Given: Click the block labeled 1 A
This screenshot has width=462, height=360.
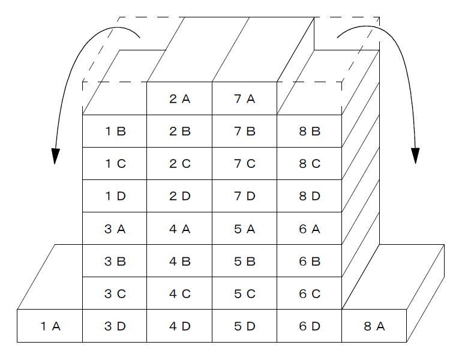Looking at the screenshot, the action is coord(50,326).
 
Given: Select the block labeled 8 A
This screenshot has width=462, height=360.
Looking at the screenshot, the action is coord(374,326).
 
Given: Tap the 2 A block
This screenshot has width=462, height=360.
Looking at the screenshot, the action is coord(179,98).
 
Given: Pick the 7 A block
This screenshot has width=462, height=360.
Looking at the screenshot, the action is coord(245,98).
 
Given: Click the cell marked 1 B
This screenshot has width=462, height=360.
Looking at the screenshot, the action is coord(115,131).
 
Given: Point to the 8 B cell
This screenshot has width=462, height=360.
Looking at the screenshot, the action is coord(310,131).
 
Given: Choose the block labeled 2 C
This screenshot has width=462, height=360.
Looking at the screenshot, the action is coord(179,164).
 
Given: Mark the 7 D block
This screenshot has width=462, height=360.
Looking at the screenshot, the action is coord(245,196).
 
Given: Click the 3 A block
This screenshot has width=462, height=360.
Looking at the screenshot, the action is coord(115,229).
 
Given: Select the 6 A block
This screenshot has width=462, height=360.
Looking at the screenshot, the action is coord(310,229).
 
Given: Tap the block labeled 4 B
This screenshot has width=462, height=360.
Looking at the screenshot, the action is coord(179,261).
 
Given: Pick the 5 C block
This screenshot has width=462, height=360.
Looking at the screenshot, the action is coord(245,293).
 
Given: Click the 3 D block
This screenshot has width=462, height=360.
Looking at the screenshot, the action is coord(115,326).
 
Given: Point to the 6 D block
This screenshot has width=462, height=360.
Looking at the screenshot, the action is coord(310,326).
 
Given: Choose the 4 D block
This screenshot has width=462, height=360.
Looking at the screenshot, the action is coord(179,326).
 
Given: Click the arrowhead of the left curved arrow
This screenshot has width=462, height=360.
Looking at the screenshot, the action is coord(55,156).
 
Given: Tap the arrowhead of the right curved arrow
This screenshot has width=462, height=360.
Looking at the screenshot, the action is coord(415,155).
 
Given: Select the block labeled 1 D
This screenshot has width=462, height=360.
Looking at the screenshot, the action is coord(115,196).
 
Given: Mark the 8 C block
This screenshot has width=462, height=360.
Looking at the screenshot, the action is coord(310,164).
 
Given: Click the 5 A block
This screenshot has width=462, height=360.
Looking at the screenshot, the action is coord(245,229).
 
